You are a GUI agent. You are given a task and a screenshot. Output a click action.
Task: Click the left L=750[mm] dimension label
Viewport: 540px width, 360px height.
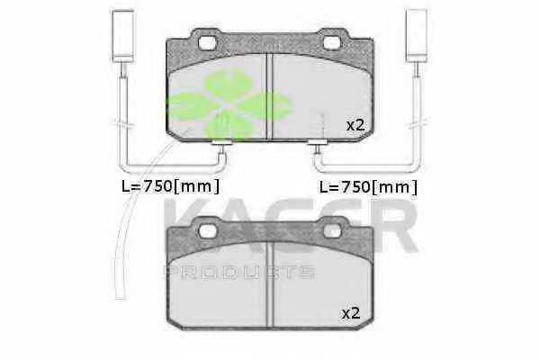click(x=170, y=186)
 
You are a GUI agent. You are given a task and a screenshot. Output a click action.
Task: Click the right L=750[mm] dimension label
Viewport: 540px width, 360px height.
click(x=368, y=187)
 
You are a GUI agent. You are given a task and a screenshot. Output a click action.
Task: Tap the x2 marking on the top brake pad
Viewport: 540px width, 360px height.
click(x=355, y=126)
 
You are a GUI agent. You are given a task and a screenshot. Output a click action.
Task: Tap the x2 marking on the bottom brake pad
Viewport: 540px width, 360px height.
click(x=351, y=313)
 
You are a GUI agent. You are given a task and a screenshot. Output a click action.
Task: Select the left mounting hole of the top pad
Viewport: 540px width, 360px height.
click(x=208, y=42)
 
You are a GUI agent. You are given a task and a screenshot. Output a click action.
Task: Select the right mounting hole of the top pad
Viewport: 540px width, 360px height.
click(x=332, y=42)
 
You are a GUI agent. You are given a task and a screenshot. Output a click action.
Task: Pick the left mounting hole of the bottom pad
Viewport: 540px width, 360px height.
click(x=208, y=231)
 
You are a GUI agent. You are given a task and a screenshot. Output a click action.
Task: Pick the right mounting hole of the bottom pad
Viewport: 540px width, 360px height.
click(x=332, y=231)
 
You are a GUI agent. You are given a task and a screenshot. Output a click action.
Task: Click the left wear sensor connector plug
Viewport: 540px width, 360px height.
click(x=122, y=35)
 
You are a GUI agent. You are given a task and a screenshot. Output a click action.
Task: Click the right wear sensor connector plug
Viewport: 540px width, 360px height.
click(x=417, y=35)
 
